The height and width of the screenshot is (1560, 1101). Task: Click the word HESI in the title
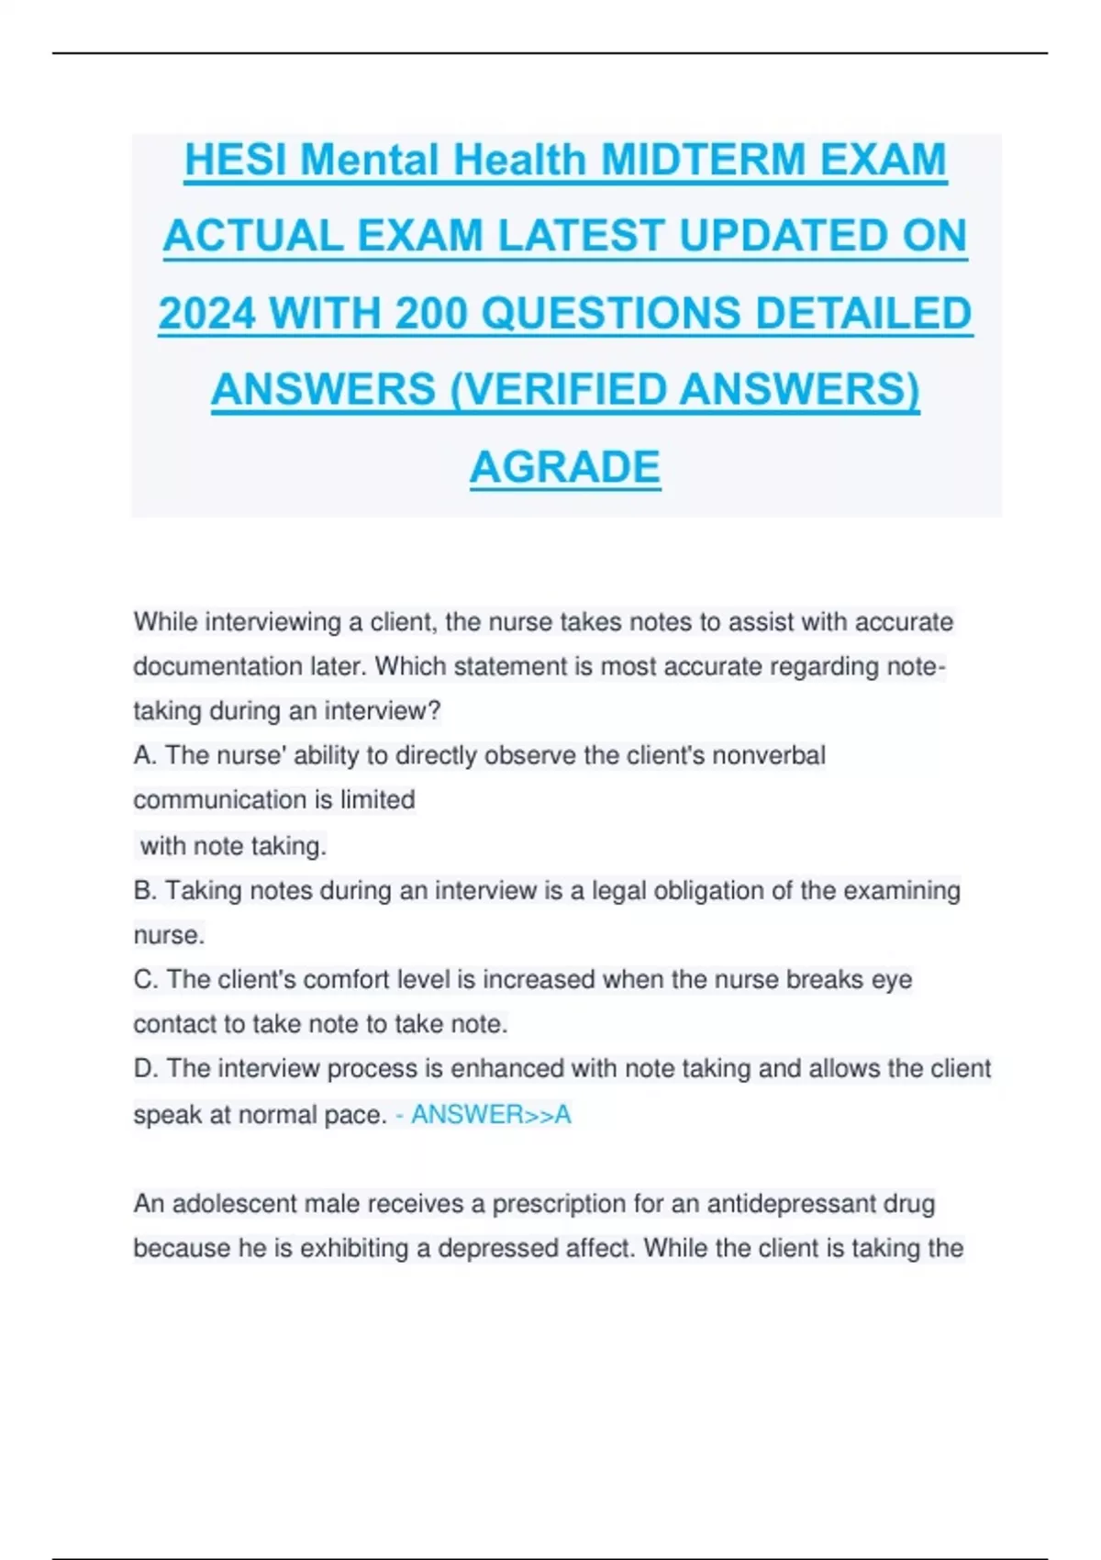pos(237,161)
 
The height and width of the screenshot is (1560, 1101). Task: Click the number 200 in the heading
pos(430,314)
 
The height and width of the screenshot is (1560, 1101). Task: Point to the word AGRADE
pos(565,467)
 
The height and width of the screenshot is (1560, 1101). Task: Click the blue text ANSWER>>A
pos(491,1115)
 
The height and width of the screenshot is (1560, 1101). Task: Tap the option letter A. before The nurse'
pos(145,755)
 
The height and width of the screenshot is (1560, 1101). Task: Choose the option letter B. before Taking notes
pos(145,890)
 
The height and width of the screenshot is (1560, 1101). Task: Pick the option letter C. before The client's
pos(145,979)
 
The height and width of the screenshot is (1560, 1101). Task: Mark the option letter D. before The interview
pos(145,1069)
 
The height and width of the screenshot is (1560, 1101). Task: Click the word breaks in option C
pos(825,979)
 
